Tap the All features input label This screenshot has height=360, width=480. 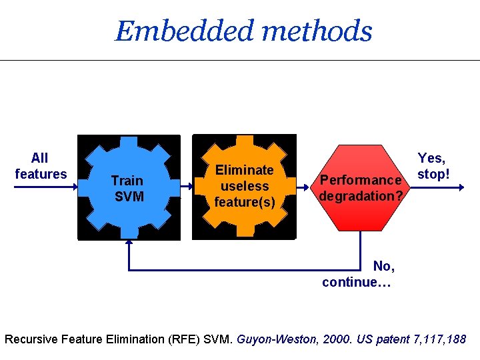click(x=40, y=166)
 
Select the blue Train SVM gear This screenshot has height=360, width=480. click(x=129, y=188)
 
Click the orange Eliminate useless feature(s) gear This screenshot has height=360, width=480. click(x=244, y=187)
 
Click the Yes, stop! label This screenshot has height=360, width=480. click(x=433, y=166)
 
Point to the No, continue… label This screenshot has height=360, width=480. click(x=358, y=274)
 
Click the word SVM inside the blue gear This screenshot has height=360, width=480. click(x=129, y=197)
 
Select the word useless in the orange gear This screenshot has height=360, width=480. click(x=244, y=186)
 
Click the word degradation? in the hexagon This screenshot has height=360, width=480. click(x=361, y=196)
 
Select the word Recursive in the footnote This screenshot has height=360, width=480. click(x=31, y=339)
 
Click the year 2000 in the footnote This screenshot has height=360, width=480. click(x=337, y=339)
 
